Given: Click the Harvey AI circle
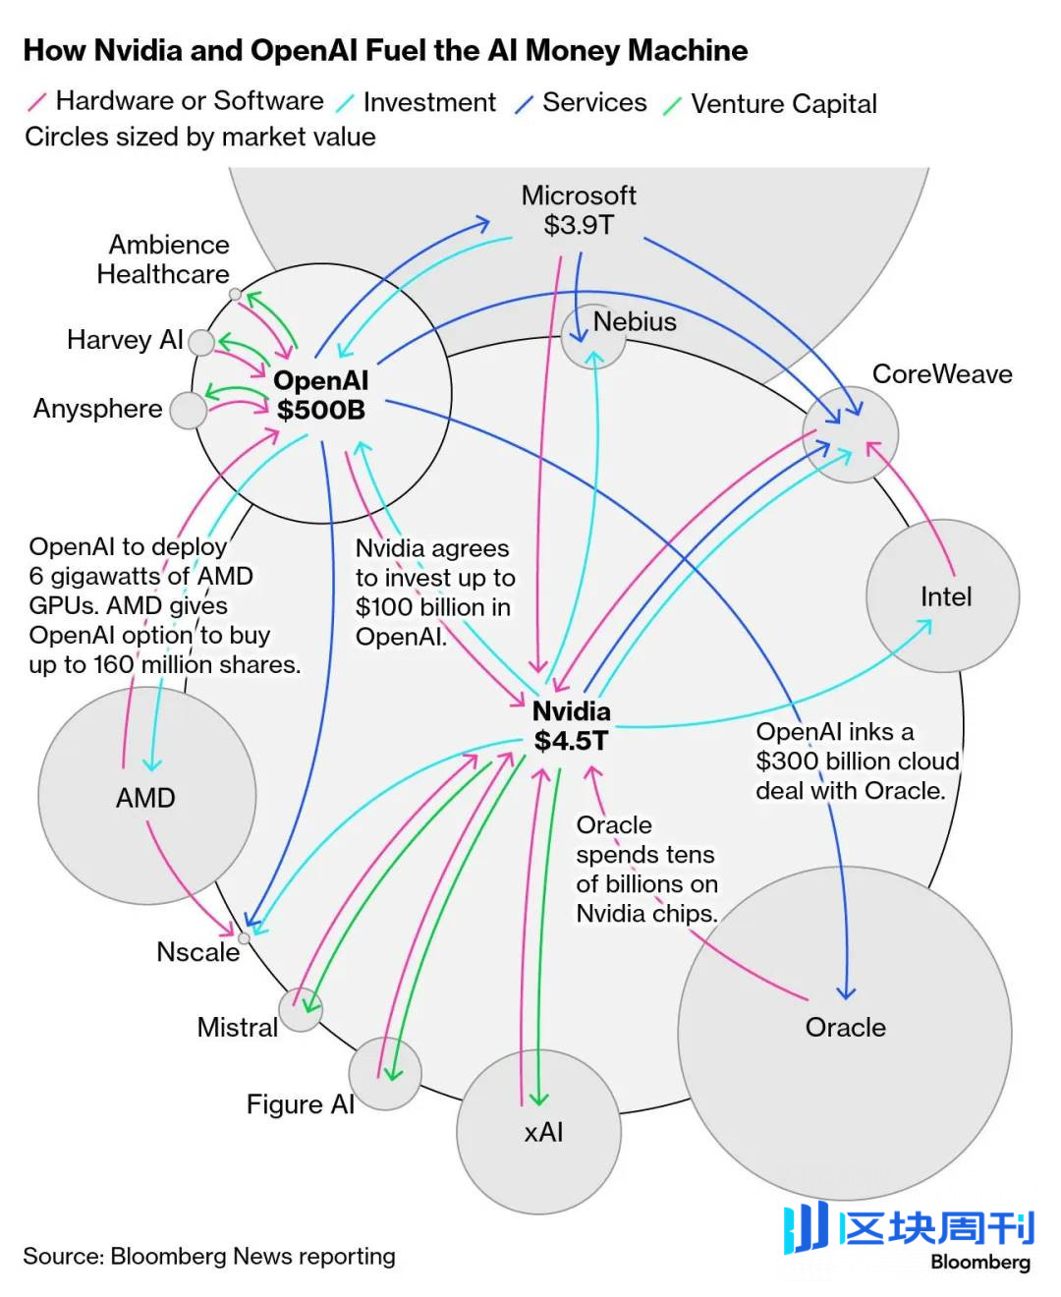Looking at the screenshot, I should [x=201, y=342].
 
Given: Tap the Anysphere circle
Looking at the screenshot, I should [x=188, y=410].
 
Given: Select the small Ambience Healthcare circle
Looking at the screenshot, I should [x=235, y=294].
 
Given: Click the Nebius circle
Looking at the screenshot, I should [x=593, y=337].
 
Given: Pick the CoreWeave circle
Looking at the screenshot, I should [x=851, y=434].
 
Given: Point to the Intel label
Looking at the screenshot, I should [x=945, y=596].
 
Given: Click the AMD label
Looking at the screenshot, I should [x=145, y=797].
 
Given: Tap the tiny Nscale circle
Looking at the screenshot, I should [x=244, y=937].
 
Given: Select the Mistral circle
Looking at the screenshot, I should [x=301, y=1009].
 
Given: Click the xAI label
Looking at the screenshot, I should [x=543, y=1132].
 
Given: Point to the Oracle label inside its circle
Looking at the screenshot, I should [x=845, y=1027].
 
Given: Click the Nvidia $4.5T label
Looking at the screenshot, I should [x=571, y=726].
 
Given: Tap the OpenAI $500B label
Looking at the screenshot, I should [x=320, y=395].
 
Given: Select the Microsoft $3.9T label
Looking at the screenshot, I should [x=579, y=210].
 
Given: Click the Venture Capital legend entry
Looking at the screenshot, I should [x=783, y=103].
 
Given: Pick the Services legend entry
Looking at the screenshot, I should [x=594, y=102].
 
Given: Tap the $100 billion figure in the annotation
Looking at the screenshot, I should [x=432, y=607].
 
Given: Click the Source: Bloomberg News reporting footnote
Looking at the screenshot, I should [x=209, y=1256].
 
